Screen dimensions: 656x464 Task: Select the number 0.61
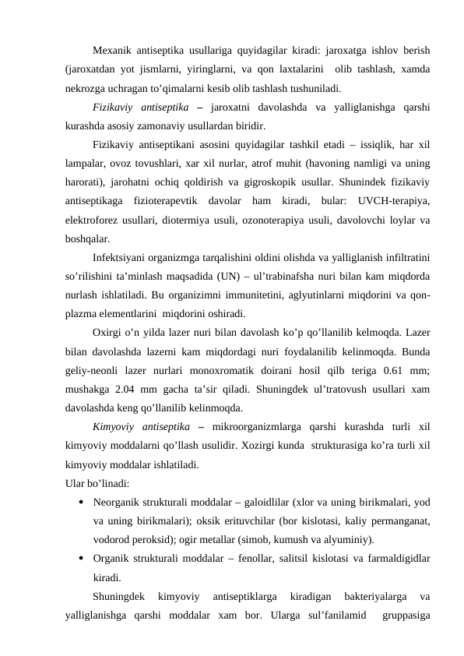pos(394,371)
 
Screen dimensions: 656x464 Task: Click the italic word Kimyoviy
pos(114,427)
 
